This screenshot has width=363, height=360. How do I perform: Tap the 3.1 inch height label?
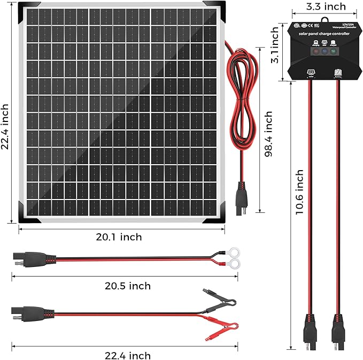[275, 45]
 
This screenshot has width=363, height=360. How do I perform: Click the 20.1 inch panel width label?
[119, 237]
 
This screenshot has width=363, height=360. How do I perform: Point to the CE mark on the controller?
[311, 25]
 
